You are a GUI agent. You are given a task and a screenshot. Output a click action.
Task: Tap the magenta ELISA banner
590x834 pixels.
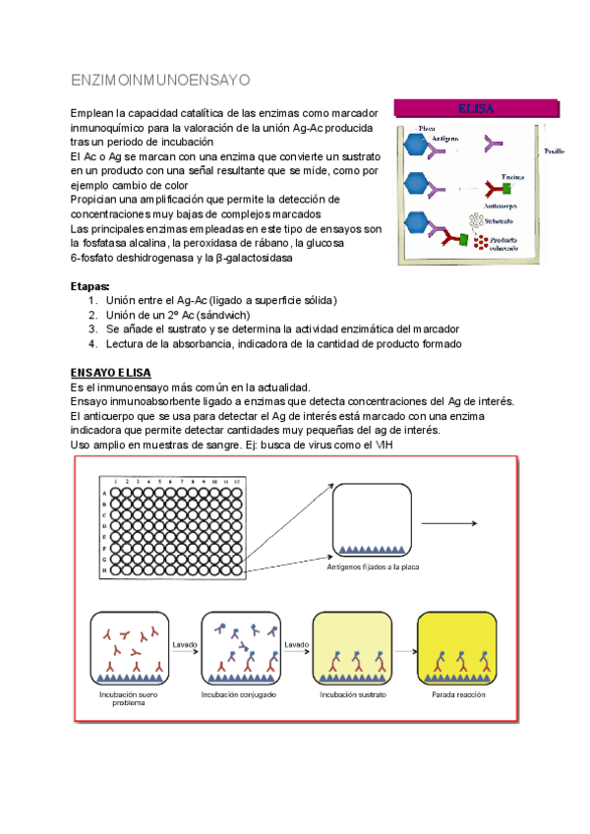coord(475,108)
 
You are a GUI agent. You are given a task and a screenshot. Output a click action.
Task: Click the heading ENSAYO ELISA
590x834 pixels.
coord(111,373)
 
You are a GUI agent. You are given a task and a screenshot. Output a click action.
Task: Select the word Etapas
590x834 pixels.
coord(90,285)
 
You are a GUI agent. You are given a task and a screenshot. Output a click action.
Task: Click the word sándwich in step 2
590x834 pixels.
coord(226,314)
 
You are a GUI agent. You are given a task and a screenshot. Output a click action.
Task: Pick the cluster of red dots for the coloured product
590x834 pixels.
coord(481,242)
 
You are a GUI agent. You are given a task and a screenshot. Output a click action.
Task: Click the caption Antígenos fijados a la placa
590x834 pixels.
coord(372,566)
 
